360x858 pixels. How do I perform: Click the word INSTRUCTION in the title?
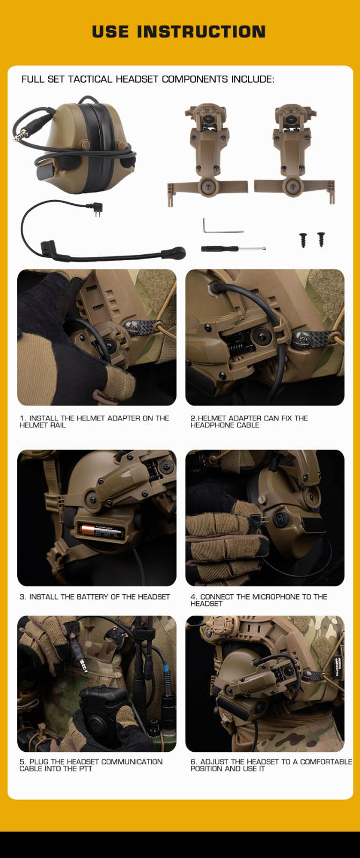pos(201,32)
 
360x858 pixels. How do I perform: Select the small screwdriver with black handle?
pos(233,249)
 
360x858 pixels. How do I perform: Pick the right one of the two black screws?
pos(321,239)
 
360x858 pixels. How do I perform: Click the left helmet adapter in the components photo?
pos(207,155)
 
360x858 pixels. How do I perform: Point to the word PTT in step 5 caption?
pos(85,769)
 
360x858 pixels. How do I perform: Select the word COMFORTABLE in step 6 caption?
pos(326,762)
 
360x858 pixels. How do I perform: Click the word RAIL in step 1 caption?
pos(58,425)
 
